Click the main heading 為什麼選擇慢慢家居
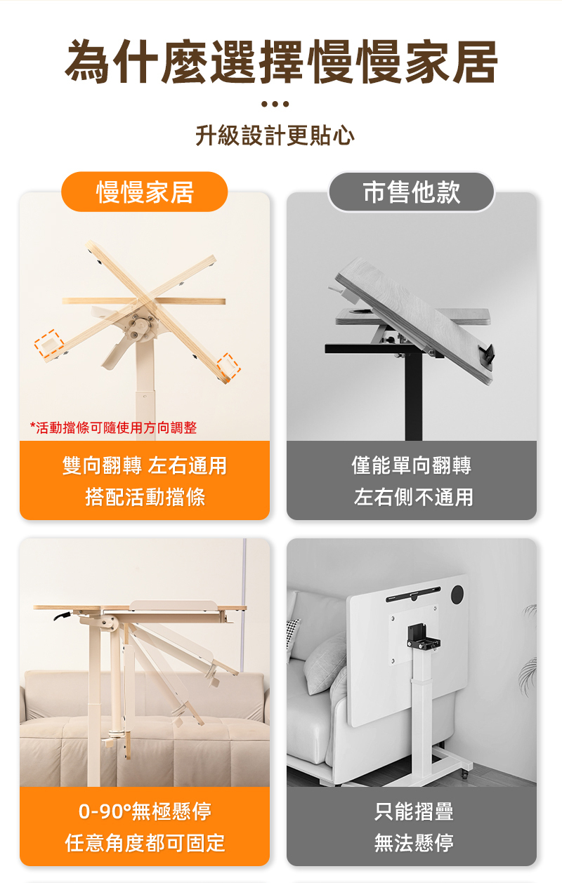pos(280,62)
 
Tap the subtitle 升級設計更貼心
pos(275,135)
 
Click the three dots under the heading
pos(275,104)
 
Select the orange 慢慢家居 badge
pos(145,192)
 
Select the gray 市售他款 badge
pos(411,192)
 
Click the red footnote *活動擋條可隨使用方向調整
pos(114,427)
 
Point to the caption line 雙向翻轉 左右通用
pos(145,465)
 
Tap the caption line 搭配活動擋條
pos(145,497)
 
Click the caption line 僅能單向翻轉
pos(412,465)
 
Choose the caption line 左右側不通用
pos(413,497)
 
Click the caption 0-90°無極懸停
pos(145,811)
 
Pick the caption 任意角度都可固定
pos(145,843)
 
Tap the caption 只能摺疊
pos(414,811)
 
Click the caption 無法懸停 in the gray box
pos(414,843)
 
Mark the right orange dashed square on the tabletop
pos(228,366)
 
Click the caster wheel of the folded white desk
pos(465,775)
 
